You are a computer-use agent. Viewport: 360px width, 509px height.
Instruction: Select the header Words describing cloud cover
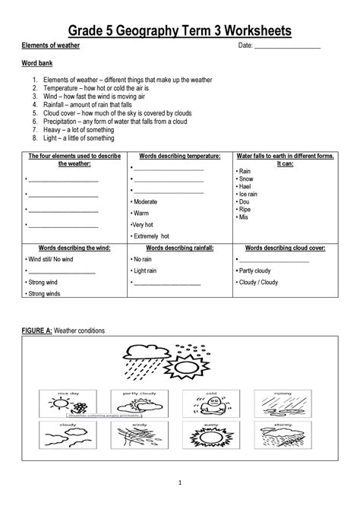tap(286, 248)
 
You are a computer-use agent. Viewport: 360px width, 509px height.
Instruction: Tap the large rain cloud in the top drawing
tap(144, 352)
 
